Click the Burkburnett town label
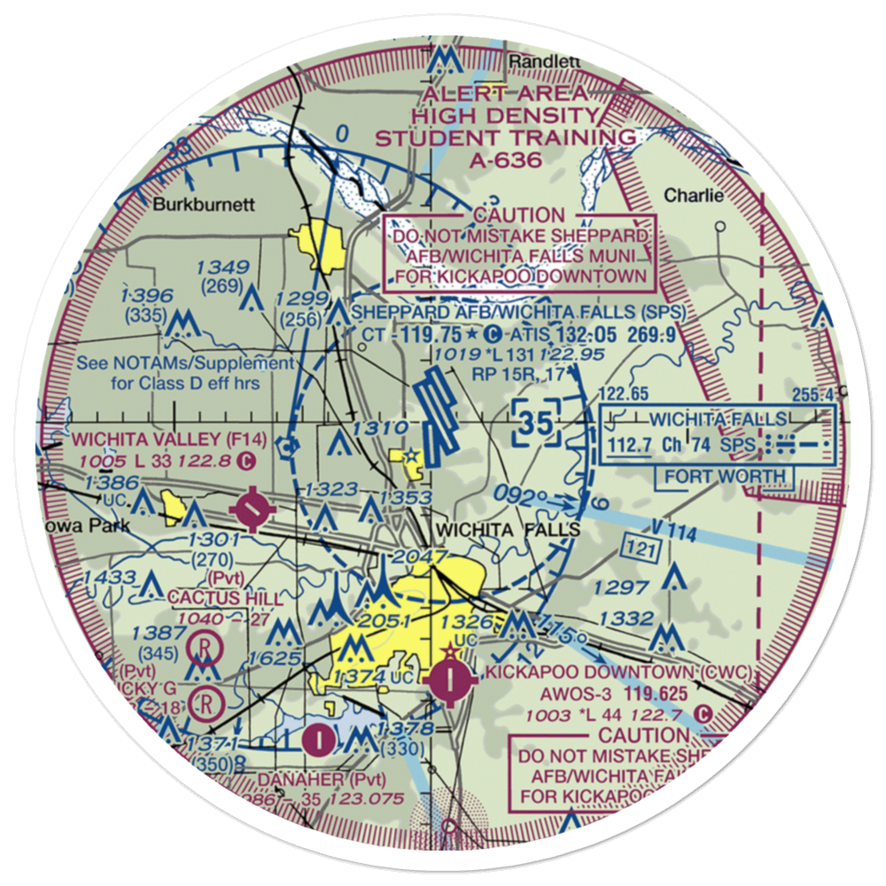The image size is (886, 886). tap(204, 204)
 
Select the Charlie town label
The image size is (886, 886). tap(694, 196)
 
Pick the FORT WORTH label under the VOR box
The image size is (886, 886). tap(726, 477)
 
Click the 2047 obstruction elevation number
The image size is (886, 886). tap(413, 556)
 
